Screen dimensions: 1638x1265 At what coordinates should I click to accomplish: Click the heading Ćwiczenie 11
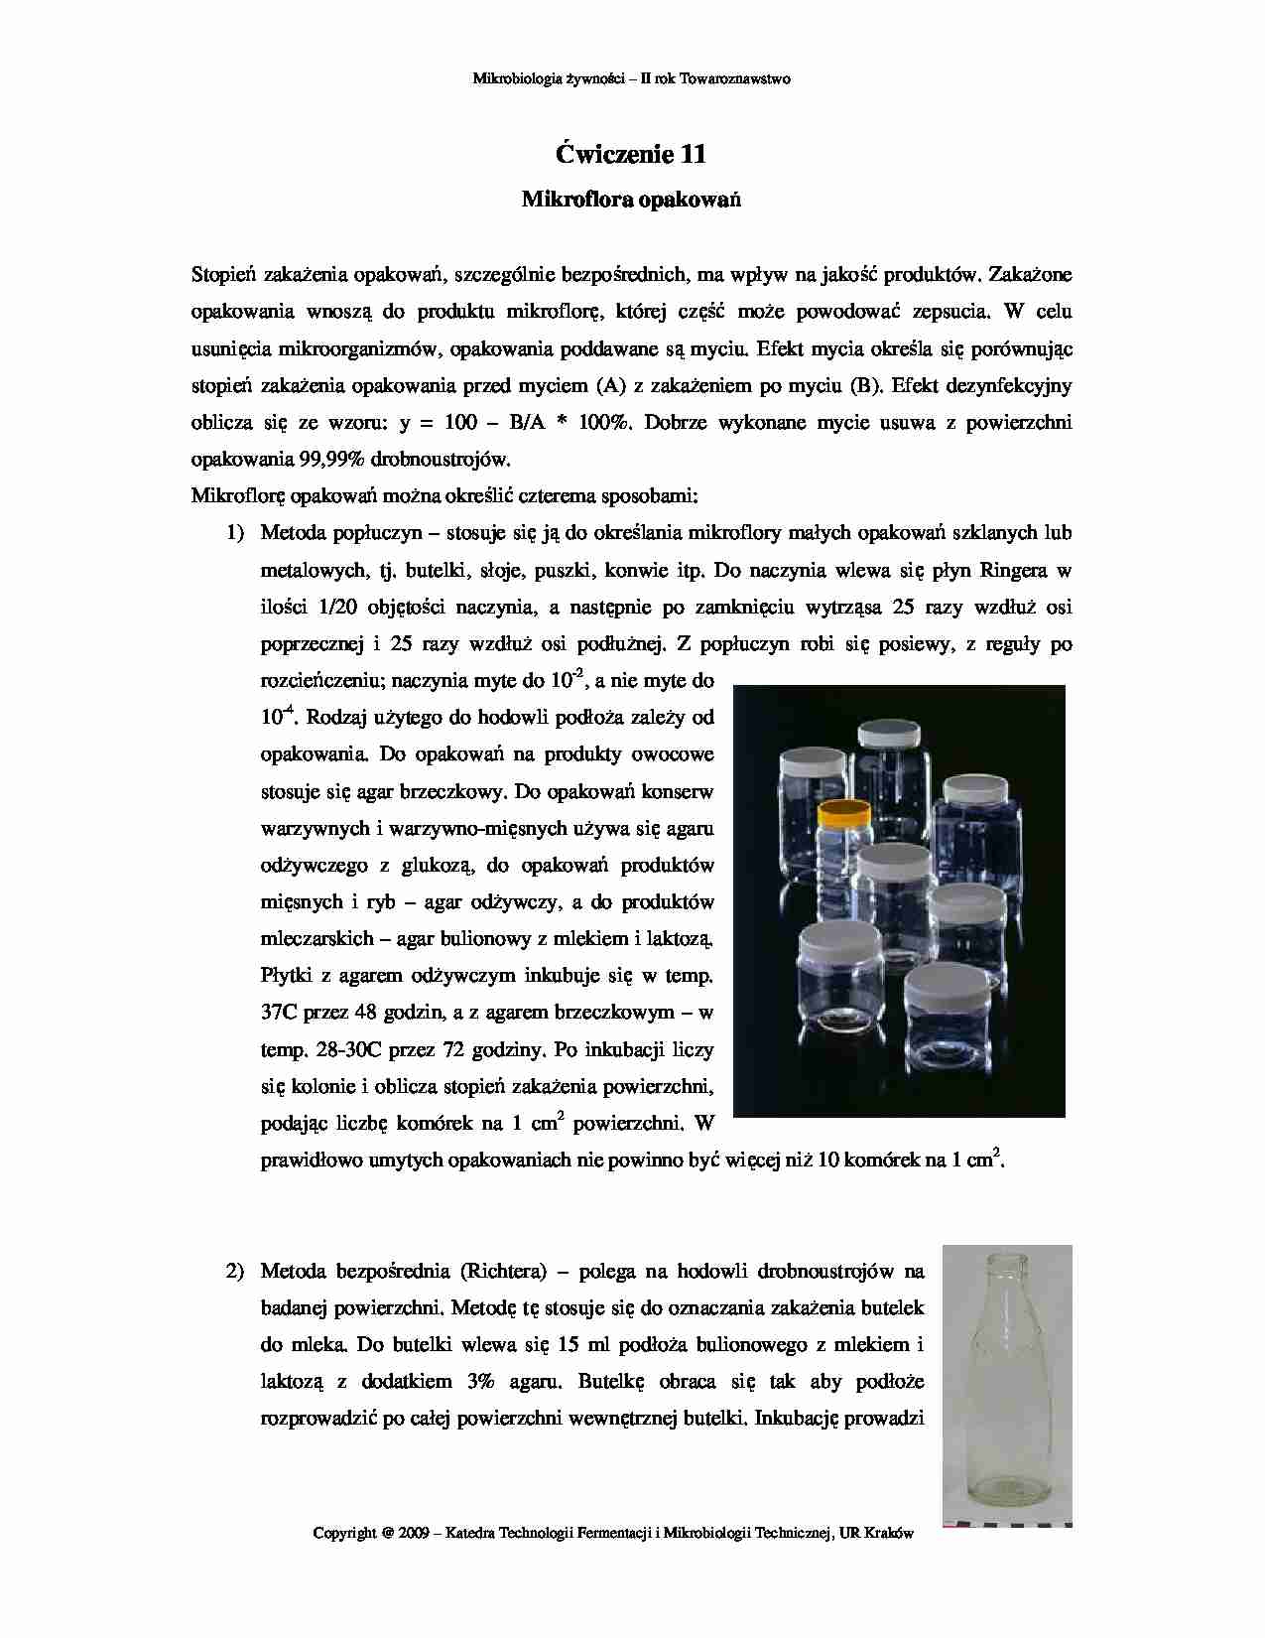631,154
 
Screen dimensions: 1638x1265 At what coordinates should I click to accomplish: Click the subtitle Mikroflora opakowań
631,200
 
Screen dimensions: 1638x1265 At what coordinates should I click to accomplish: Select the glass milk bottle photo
1006,1385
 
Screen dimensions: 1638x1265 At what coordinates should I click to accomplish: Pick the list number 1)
235,533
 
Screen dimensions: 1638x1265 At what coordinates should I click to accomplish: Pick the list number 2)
235,1271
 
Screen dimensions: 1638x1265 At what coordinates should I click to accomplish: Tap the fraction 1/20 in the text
338,607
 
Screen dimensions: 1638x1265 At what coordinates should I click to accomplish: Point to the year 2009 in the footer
413,1533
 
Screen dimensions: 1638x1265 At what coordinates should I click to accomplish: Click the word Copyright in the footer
344,1533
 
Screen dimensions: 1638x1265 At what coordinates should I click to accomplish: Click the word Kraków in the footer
889,1533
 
